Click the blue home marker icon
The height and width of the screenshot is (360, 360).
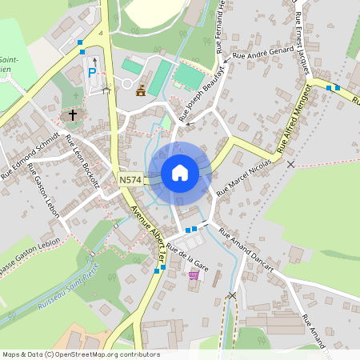pyautogui.click(x=180, y=172)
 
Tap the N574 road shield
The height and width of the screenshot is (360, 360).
pyautogui.click(x=130, y=181)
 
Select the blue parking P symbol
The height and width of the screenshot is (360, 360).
pyautogui.click(x=92, y=73)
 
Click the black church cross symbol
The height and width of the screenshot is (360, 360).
pyautogui.click(x=73, y=115)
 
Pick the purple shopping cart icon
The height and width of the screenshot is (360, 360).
pyautogui.click(x=194, y=274)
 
